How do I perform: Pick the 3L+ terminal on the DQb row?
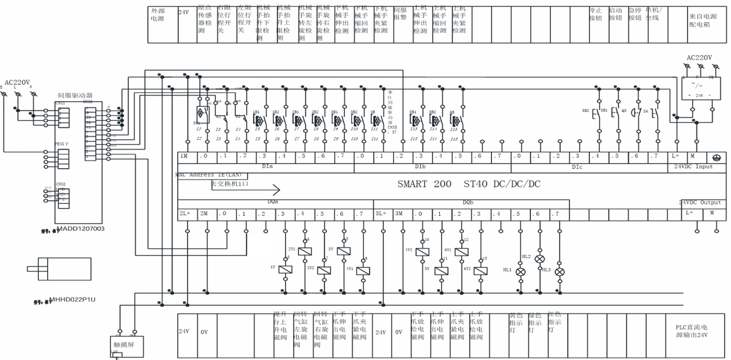[383, 214]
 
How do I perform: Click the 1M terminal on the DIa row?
[185, 156]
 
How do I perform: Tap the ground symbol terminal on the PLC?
[715, 156]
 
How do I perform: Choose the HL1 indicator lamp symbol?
[521, 271]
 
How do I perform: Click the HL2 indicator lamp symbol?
[539, 259]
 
